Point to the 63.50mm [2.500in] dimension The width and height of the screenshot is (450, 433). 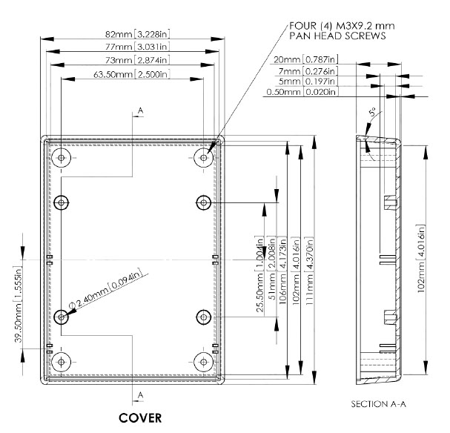click(x=133, y=75)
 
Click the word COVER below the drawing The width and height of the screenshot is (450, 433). click(x=141, y=417)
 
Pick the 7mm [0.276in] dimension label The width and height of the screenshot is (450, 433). click(x=311, y=71)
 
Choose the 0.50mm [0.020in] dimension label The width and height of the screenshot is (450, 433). click(x=301, y=93)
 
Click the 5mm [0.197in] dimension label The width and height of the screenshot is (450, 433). click(x=311, y=82)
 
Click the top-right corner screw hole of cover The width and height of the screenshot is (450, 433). click(x=204, y=157)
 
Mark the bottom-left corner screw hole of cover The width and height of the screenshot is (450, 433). click(x=61, y=361)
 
